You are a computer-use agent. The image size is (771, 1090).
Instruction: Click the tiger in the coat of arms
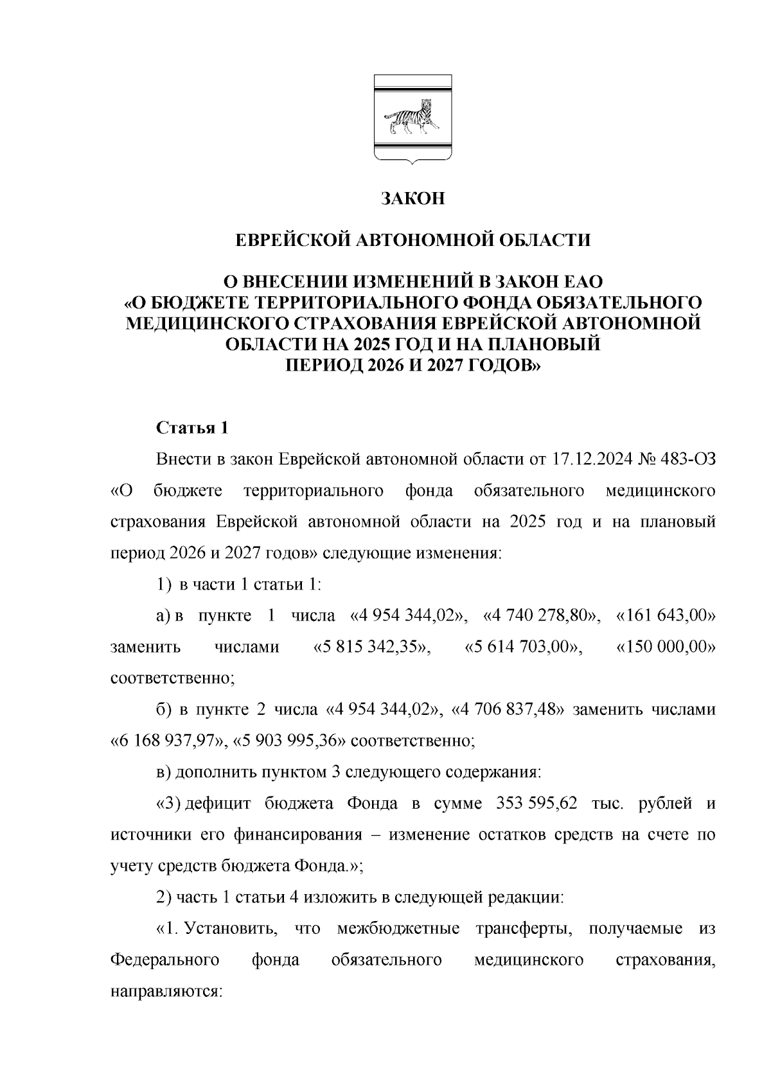[x=410, y=118]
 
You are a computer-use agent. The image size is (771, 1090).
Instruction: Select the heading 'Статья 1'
[x=193, y=428]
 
